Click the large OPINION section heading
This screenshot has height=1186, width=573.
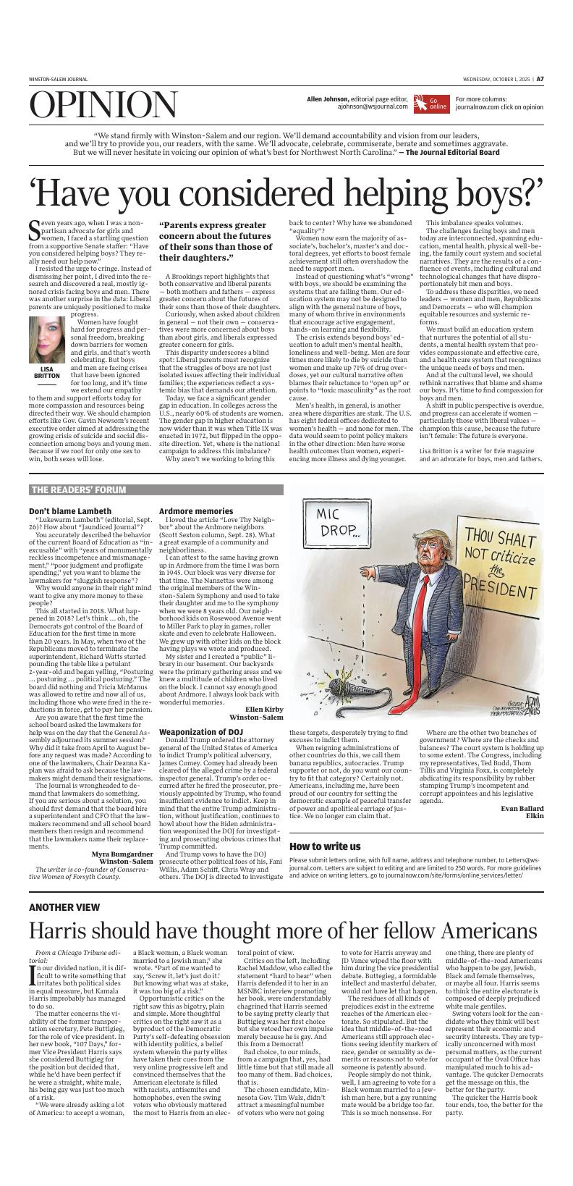pyautogui.click(x=103, y=106)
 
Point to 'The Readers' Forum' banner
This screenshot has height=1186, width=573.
pyautogui.click(x=79, y=489)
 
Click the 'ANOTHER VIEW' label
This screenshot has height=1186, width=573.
pyautogui.click(x=64, y=907)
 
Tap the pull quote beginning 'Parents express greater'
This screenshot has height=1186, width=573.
pyautogui.click(x=216, y=241)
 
